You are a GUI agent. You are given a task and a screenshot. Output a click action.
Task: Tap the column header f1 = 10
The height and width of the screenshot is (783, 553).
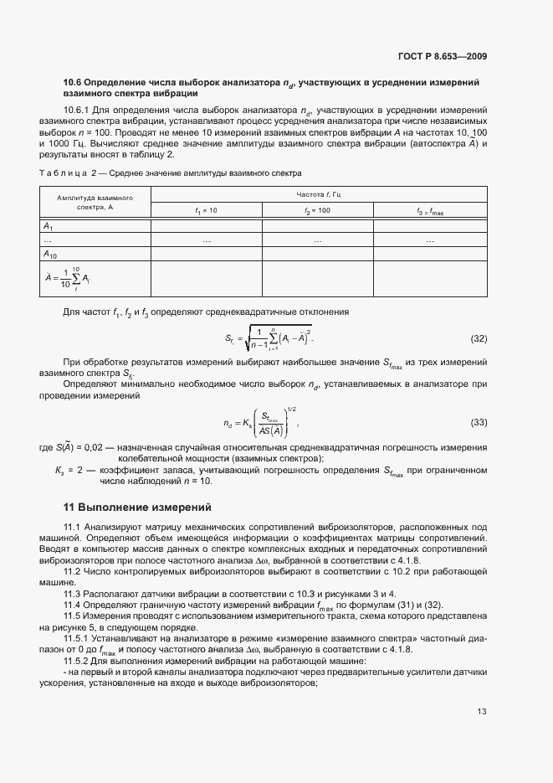pos(206,211)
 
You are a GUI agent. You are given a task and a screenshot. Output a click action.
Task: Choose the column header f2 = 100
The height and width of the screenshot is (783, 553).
pos(318,211)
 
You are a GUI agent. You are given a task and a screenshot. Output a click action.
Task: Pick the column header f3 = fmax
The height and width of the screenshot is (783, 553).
pos(430,211)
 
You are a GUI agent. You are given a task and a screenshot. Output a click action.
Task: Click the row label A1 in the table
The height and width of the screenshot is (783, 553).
pos(49,226)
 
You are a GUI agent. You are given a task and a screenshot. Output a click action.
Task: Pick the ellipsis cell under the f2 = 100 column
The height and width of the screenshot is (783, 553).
pos(318,240)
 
